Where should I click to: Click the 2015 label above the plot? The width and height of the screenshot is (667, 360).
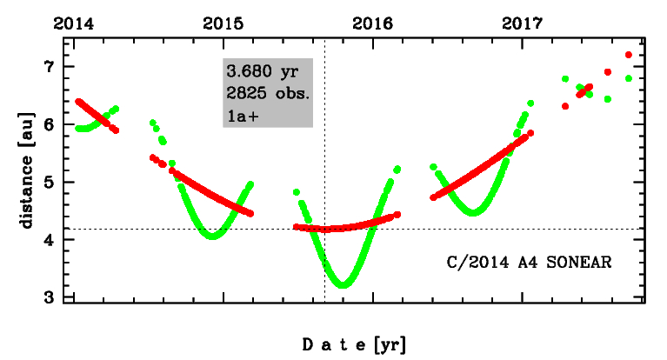(x=223, y=24)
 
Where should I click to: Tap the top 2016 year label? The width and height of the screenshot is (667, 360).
(x=373, y=24)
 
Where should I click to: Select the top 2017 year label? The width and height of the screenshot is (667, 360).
(x=523, y=24)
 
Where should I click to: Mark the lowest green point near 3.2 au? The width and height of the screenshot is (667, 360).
(x=343, y=285)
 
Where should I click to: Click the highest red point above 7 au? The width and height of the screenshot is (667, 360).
(x=629, y=55)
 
